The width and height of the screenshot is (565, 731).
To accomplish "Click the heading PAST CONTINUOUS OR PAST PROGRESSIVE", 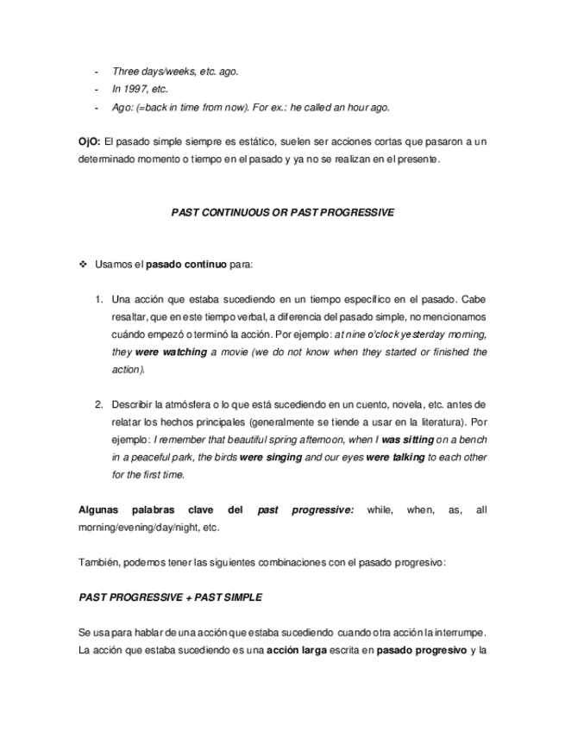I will click(x=283, y=212).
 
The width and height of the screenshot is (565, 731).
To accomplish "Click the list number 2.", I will click(x=99, y=404).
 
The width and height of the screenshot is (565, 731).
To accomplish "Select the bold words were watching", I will click(x=171, y=352).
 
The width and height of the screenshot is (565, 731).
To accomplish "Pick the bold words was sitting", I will click(x=406, y=440).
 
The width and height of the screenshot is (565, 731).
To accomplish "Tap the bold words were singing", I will click(x=271, y=457).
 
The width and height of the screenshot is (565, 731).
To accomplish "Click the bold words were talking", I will click(x=395, y=457).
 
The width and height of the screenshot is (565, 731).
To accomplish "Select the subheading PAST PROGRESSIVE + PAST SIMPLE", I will click(x=170, y=597).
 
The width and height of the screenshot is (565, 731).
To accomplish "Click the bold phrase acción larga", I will click(x=296, y=650).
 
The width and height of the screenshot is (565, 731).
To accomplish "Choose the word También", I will click(x=97, y=562).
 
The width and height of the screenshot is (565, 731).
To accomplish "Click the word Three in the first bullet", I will click(x=126, y=72).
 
